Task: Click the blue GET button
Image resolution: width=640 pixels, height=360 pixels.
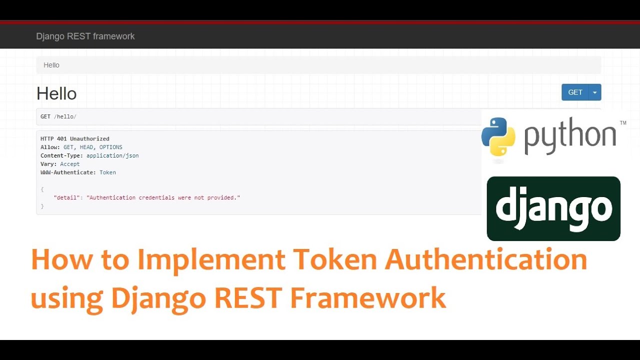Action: [575, 92]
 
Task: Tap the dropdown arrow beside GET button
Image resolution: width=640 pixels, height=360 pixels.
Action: [595, 92]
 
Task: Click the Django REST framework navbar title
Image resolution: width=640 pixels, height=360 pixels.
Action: [85, 36]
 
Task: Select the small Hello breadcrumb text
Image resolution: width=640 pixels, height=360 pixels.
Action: [51, 65]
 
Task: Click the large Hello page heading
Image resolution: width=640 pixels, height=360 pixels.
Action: [56, 93]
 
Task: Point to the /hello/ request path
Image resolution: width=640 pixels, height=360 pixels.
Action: [65, 116]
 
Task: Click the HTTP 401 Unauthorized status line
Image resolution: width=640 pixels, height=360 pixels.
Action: [75, 139]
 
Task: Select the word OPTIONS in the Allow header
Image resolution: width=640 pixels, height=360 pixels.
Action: [111, 147]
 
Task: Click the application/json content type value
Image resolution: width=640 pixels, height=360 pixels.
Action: [112, 155]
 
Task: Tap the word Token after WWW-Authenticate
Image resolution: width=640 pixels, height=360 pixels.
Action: [107, 172]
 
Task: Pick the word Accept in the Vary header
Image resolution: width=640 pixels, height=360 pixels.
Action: [70, 164]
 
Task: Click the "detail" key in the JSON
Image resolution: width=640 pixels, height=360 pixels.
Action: [66, 197]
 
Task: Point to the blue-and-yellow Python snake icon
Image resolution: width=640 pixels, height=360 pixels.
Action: [498, 136]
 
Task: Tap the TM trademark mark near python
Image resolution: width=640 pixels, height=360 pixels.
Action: [623, 123]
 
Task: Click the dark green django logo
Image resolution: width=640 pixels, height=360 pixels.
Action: [553, 208]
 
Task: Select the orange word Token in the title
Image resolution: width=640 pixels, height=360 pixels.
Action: [336, 259]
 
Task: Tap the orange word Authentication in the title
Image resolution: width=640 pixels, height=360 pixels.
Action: [486, 259]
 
